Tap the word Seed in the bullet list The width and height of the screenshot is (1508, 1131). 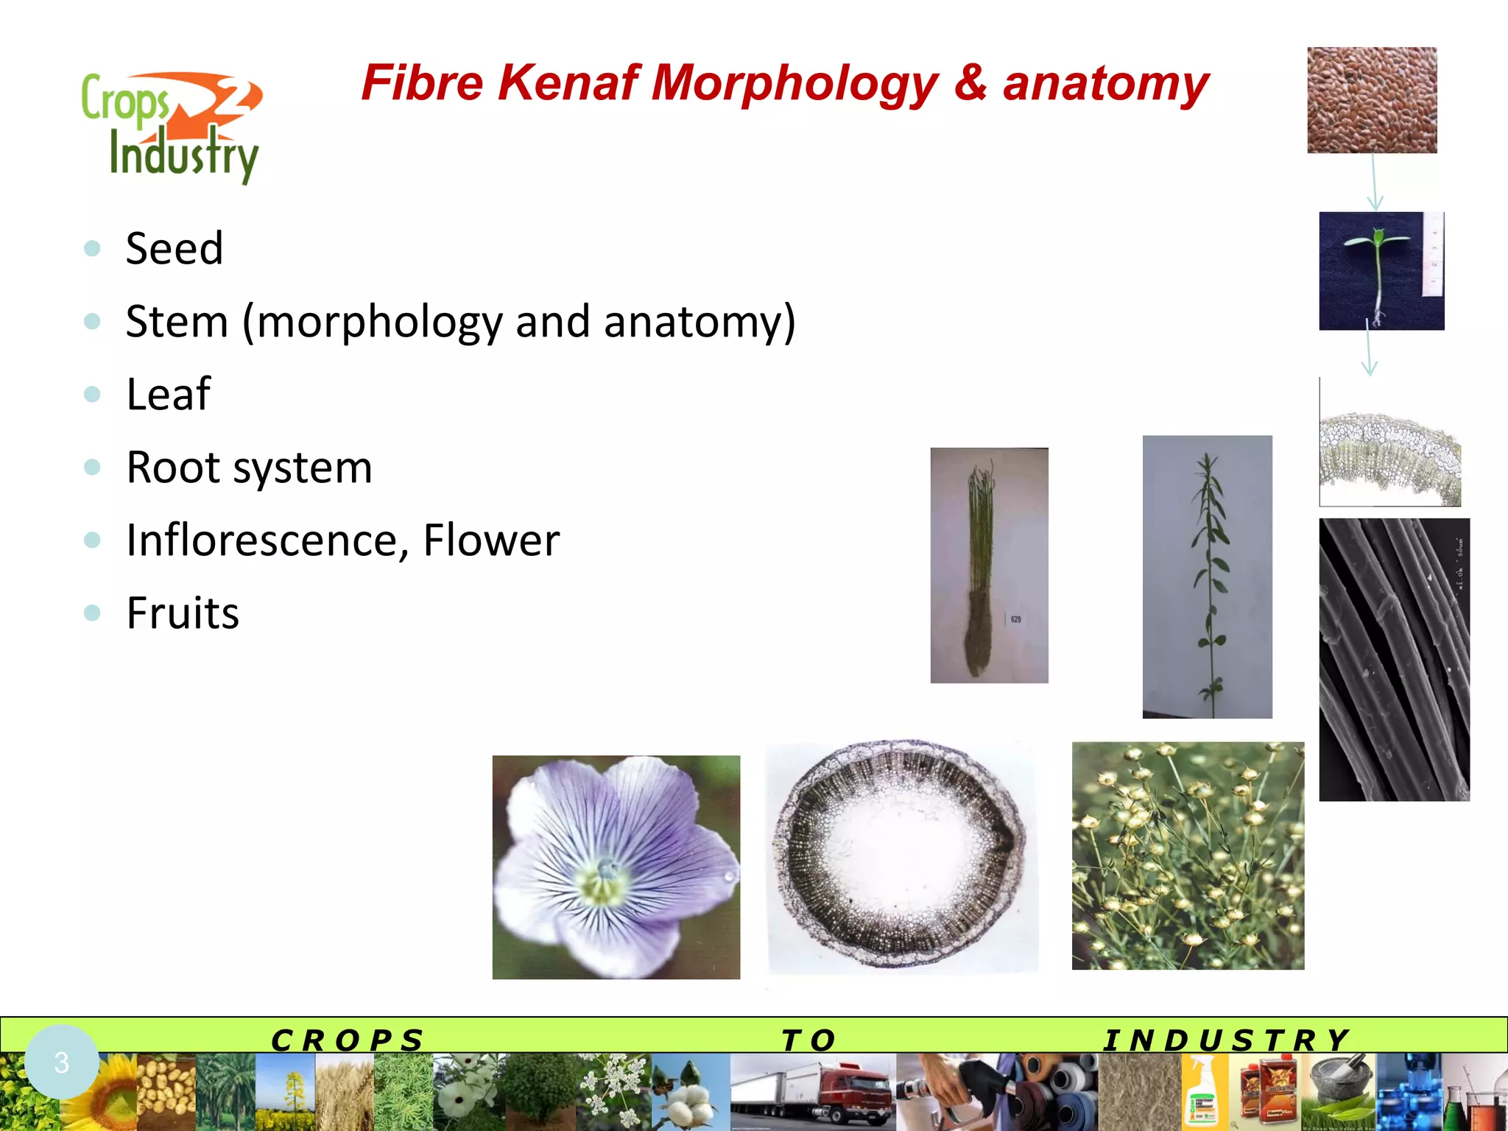[175, 248]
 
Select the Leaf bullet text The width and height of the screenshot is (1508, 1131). [169, 394]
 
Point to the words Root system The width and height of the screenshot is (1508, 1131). [249, 467]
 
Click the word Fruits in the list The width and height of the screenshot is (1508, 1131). [183, 613]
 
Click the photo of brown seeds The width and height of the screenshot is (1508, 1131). [1372, 100]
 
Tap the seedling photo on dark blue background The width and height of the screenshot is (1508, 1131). [1381, 271]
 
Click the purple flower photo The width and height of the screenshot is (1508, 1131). [616, 867]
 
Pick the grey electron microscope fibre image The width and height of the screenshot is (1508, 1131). [1394, 660]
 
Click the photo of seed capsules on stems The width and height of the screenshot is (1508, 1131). [1188, 856]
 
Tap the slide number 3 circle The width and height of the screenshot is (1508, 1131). [62, 1062]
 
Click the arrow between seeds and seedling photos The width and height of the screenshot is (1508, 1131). [1374, 183]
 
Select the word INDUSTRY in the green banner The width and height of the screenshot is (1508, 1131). [1227, 1040]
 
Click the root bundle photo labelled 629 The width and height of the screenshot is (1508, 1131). [989, 565]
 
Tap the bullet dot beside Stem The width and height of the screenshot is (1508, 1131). [92, 321]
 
